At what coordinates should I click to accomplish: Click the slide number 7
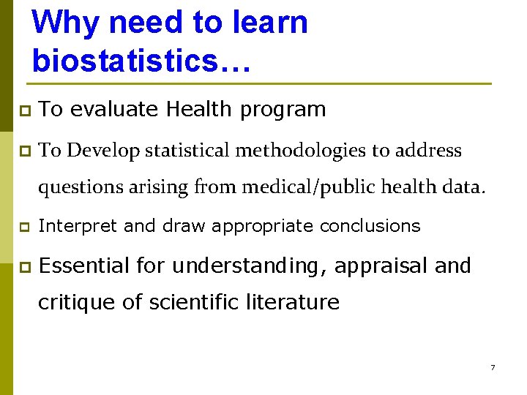pyautogui.click(x=493, y=367)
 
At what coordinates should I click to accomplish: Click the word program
pyautogui.click(x=283, y=110)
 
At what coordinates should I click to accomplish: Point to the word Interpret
pyautogui.click(x=78, y=226)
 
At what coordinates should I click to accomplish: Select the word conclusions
pyautogui.click(x=370, y=226)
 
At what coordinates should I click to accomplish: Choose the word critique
pyautogui.click(x=76, y=302)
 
